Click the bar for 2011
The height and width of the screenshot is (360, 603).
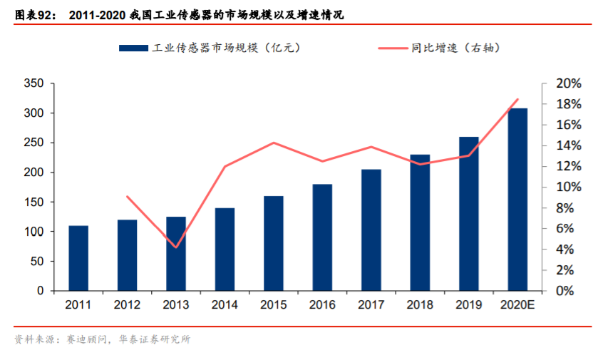click(x=78, y=258)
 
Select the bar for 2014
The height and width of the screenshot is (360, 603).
click(x=225, y=250)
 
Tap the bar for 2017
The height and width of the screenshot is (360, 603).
click(x=371, y=230)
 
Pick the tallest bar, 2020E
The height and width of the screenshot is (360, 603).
click(x=517, y=200)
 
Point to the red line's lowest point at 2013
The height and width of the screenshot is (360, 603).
click(x=176, y=247)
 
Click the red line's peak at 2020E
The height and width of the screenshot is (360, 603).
click(x=517, y=99)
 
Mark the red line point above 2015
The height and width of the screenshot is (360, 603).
click(x=274, y=143)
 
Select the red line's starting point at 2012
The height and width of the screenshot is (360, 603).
click(x=127, y=197)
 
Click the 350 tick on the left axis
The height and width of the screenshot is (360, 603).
click(x=35, y=83)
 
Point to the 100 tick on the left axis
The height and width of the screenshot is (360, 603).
click(x=35, y=232)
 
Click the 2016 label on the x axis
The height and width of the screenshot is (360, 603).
click(x=322, y=304)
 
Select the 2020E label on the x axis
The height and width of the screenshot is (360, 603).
click(x=517, y=304)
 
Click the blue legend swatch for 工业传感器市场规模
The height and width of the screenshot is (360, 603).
click(x=133, y=48)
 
